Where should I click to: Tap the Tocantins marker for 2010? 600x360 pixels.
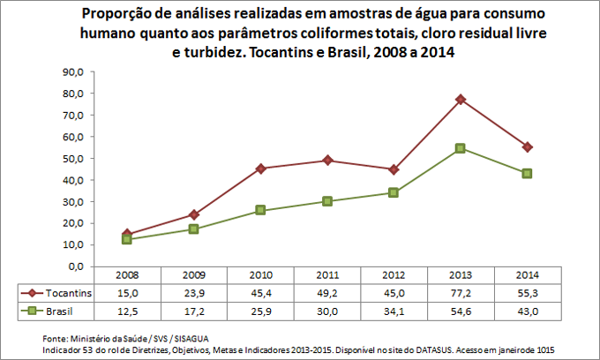click(x=261, y=169)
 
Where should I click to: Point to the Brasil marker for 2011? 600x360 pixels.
click(x=327, y=201)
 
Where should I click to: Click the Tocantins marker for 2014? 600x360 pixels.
click(x=527, y=146)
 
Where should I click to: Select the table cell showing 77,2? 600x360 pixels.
click(x=460, y=292)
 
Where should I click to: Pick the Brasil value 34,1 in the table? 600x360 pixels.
click(x=394, y=311)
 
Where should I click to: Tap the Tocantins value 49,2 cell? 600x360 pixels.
click(x=327, y=292)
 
